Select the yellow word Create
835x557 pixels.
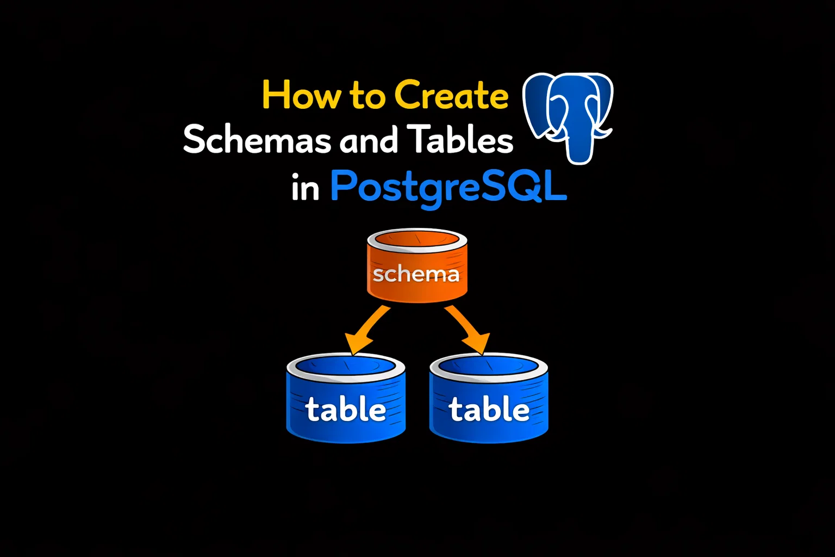click(x=451, y=95)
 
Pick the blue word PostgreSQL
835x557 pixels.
click(x=449, y=187)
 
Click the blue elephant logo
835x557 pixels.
click(x=568, y=117)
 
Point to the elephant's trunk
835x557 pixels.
click(x=579, y=145)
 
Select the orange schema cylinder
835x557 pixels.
click(x=417, y=265)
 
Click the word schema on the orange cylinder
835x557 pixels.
click(x=416, y=275)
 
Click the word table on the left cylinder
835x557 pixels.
click(x=346, y=409)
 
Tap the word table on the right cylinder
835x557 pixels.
click(x=489, y=409)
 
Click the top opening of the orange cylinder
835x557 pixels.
click(x=417, y=239)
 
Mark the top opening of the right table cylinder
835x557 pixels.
click(x=489, y=366)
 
